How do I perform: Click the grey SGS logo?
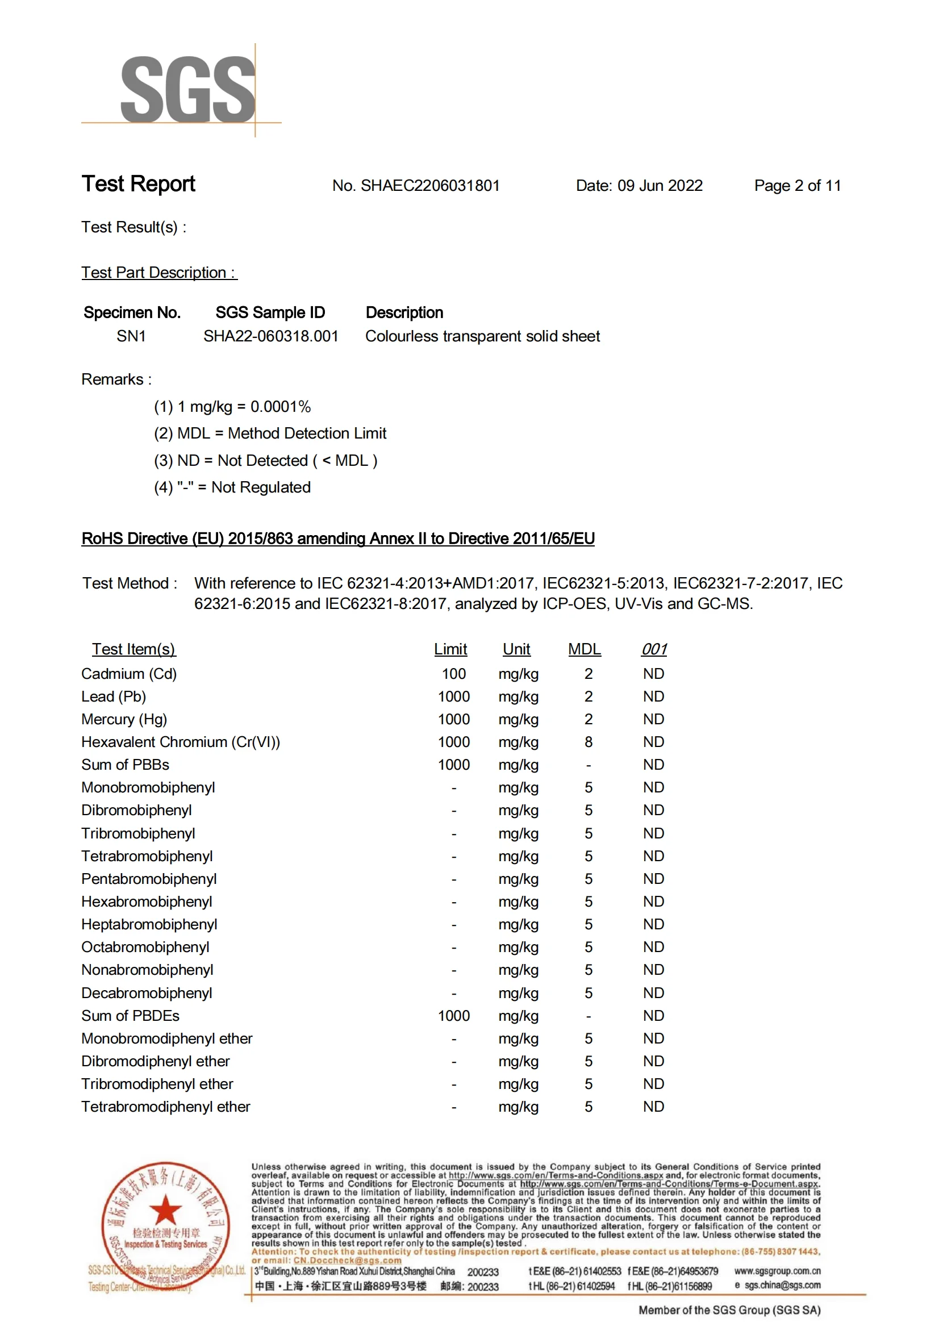point(187,90)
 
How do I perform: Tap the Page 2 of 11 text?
point(798,186)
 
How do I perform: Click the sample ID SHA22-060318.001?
point(270,336)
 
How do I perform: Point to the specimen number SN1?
point(131,336)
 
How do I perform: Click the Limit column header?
point(450,649)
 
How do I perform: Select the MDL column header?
point(584,649)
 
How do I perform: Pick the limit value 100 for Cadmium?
point(454,674)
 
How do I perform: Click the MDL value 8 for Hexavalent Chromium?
point(588,742)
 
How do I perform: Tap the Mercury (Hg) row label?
point(124,719)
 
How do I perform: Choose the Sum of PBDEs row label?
point(131,1016)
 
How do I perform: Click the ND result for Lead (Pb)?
point(653,696)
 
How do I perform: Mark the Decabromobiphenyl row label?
point(147,993)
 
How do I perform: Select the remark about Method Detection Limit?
point(270,433)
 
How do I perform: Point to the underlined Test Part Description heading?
point(159,272)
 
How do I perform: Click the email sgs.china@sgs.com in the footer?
point(782,1286)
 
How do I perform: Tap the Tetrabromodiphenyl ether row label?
point(166,1107)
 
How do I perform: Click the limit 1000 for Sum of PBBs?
point(454,765)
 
